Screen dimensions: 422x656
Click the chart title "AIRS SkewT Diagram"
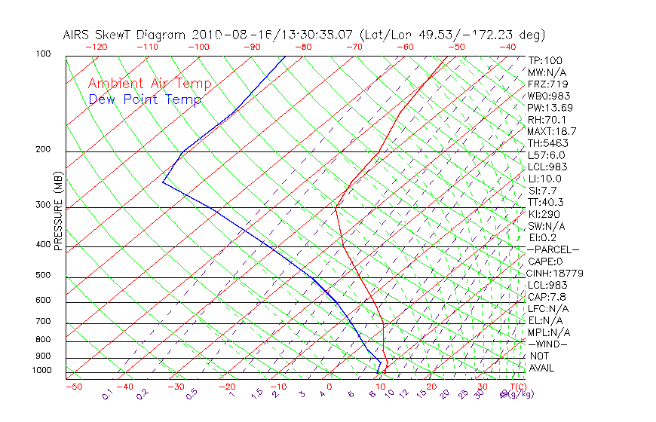[126, 35]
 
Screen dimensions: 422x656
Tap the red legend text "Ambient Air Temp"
[149, 84]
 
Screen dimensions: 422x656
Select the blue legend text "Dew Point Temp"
[145, 99]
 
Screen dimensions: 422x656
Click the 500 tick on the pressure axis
[43, 275]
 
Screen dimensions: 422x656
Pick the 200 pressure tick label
[43, 149]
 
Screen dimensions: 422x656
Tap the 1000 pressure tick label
[41, 370]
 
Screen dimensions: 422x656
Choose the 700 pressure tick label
[43, 321]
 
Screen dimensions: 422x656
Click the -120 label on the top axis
[96, 47]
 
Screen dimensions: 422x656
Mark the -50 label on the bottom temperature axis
[73, 387]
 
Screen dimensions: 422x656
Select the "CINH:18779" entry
[556, 273]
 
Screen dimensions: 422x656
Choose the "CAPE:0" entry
[546, 261]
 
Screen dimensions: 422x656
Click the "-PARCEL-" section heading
[553, 249]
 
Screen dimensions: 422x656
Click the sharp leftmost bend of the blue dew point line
[162, 182]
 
